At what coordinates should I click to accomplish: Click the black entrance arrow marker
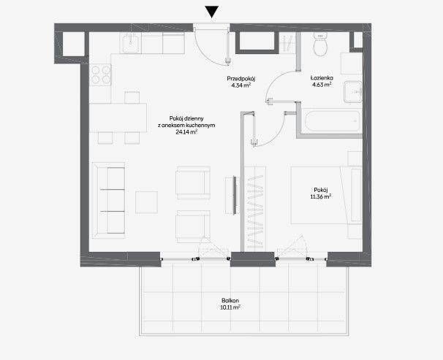tap(211, 12)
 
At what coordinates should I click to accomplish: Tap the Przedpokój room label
tap(241, 78)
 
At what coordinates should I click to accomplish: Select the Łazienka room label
tap(322, 78)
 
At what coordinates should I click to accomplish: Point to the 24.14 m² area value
tap(186, 131)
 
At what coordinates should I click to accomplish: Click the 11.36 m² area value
tap(321, 196)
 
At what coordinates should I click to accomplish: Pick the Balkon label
tap(230, 301)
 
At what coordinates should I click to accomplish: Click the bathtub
tap(332, 121)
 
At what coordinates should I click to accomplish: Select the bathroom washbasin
tap(353, 92)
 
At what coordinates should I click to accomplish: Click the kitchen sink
tap(130, 42)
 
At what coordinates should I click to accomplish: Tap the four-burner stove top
tap(100, 74)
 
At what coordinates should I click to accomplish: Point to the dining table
tap(118, 118)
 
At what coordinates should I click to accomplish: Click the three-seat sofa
tap(109, 200)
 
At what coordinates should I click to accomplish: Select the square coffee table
tap(146, 202)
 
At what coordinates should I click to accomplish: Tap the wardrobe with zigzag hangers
tap(255, 209)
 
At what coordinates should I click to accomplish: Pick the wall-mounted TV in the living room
tap(234, 196)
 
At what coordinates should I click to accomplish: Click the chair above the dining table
tap(132, 97)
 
